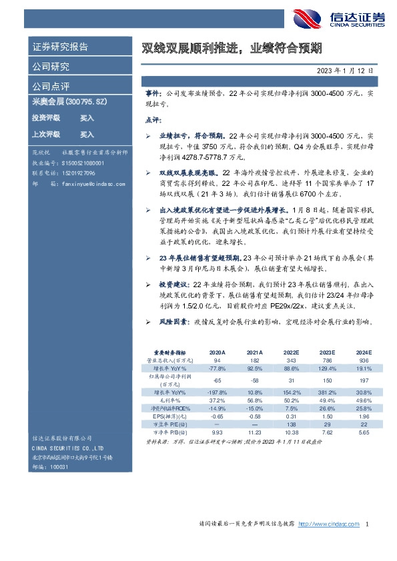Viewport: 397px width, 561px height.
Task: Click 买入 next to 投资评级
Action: tap(87, 118)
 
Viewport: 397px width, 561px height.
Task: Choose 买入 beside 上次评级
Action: tap(87, 135)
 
